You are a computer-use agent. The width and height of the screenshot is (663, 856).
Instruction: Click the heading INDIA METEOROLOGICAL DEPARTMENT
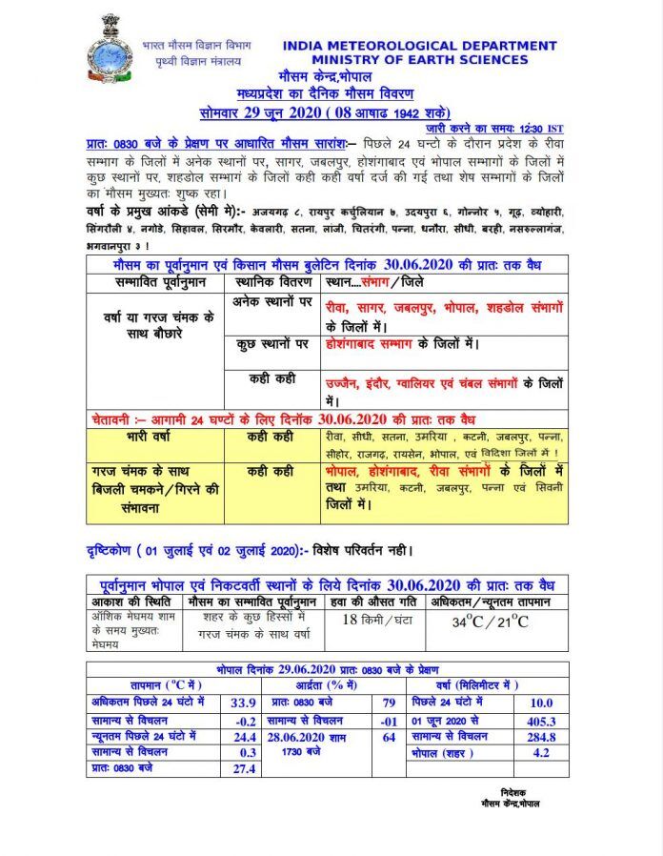pyautogui.click(x=419, y=45)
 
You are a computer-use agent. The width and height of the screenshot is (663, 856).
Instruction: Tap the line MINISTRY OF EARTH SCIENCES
pyautogui.click(x=419, y=59)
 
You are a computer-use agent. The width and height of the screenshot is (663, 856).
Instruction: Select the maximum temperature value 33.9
pyautogui.click(x=245, y=703)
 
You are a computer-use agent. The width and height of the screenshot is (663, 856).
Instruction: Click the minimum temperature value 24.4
pyautogui.click(x=245, y=736)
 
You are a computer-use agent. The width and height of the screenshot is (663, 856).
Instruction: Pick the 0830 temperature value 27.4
pyautogui.click(x=245, y=769)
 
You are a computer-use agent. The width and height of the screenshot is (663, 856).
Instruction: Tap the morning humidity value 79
pyautogui.click(x=388, y=703)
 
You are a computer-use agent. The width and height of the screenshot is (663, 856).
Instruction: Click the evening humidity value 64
pyautogui.click(x=388, y=736)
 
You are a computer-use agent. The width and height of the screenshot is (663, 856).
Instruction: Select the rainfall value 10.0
pyautogui.click(x=541, y=703)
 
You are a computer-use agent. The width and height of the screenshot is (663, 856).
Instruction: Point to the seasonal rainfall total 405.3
pyautogui.click(x=541, y=720)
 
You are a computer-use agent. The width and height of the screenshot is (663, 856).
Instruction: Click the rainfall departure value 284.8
pyautogui.click(x=541, y=736)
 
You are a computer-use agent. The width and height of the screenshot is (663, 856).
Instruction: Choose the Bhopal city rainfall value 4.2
pyautogui.click(x=541, y=752)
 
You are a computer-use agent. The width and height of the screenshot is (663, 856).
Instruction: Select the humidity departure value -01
pyautogui.click(x=388, y=720)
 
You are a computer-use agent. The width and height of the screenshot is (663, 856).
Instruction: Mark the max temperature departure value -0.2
pyautogui.click(x=245, y=720)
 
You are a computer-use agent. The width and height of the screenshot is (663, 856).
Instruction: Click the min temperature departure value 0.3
pyautogui.click(x=245, y=752)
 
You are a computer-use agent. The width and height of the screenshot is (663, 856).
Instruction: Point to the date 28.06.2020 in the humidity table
pyautogui.click(x=305, y=736)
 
